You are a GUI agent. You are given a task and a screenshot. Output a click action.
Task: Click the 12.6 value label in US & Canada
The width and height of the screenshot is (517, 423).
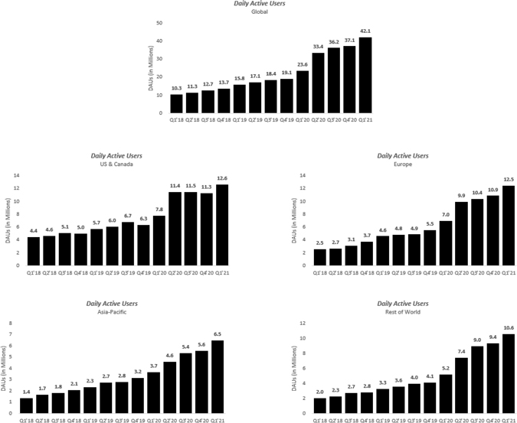(223, 180)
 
